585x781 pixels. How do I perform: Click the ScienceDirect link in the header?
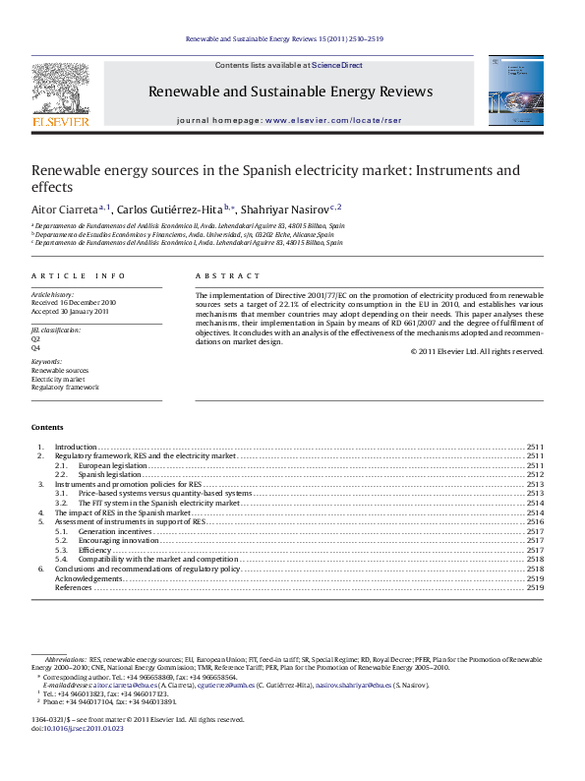pos(337,65)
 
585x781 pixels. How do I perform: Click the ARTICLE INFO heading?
pos(78,276)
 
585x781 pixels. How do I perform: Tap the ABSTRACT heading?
pos(228,276)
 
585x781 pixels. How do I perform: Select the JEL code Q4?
pos(36,348)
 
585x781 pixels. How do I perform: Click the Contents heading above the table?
pos(47,428)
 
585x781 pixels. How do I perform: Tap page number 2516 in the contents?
pos(535,521)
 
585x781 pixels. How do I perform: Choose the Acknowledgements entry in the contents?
pos(88,578)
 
